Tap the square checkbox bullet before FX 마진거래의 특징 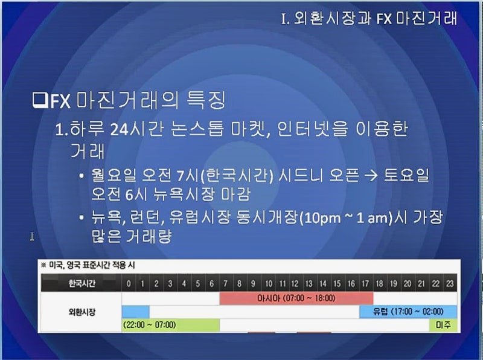click(x=40, y=100)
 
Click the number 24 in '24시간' click(x=119, y=130)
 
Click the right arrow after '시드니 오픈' click(x=371, y=176)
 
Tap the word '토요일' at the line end click(x=406, y=176)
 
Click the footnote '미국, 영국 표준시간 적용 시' click(x=92, y=265)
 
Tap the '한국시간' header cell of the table click(x=82, y=283)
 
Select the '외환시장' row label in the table click(x=82, y=312)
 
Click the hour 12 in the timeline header click(x=295, y=283)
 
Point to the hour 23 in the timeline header click(x=450, y=283)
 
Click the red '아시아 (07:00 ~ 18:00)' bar click(x=296, y=298)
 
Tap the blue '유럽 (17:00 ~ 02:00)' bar click(x=408, y=312)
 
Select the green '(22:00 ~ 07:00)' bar click(x=171, y=325)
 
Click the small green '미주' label click(x=443, y=325)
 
